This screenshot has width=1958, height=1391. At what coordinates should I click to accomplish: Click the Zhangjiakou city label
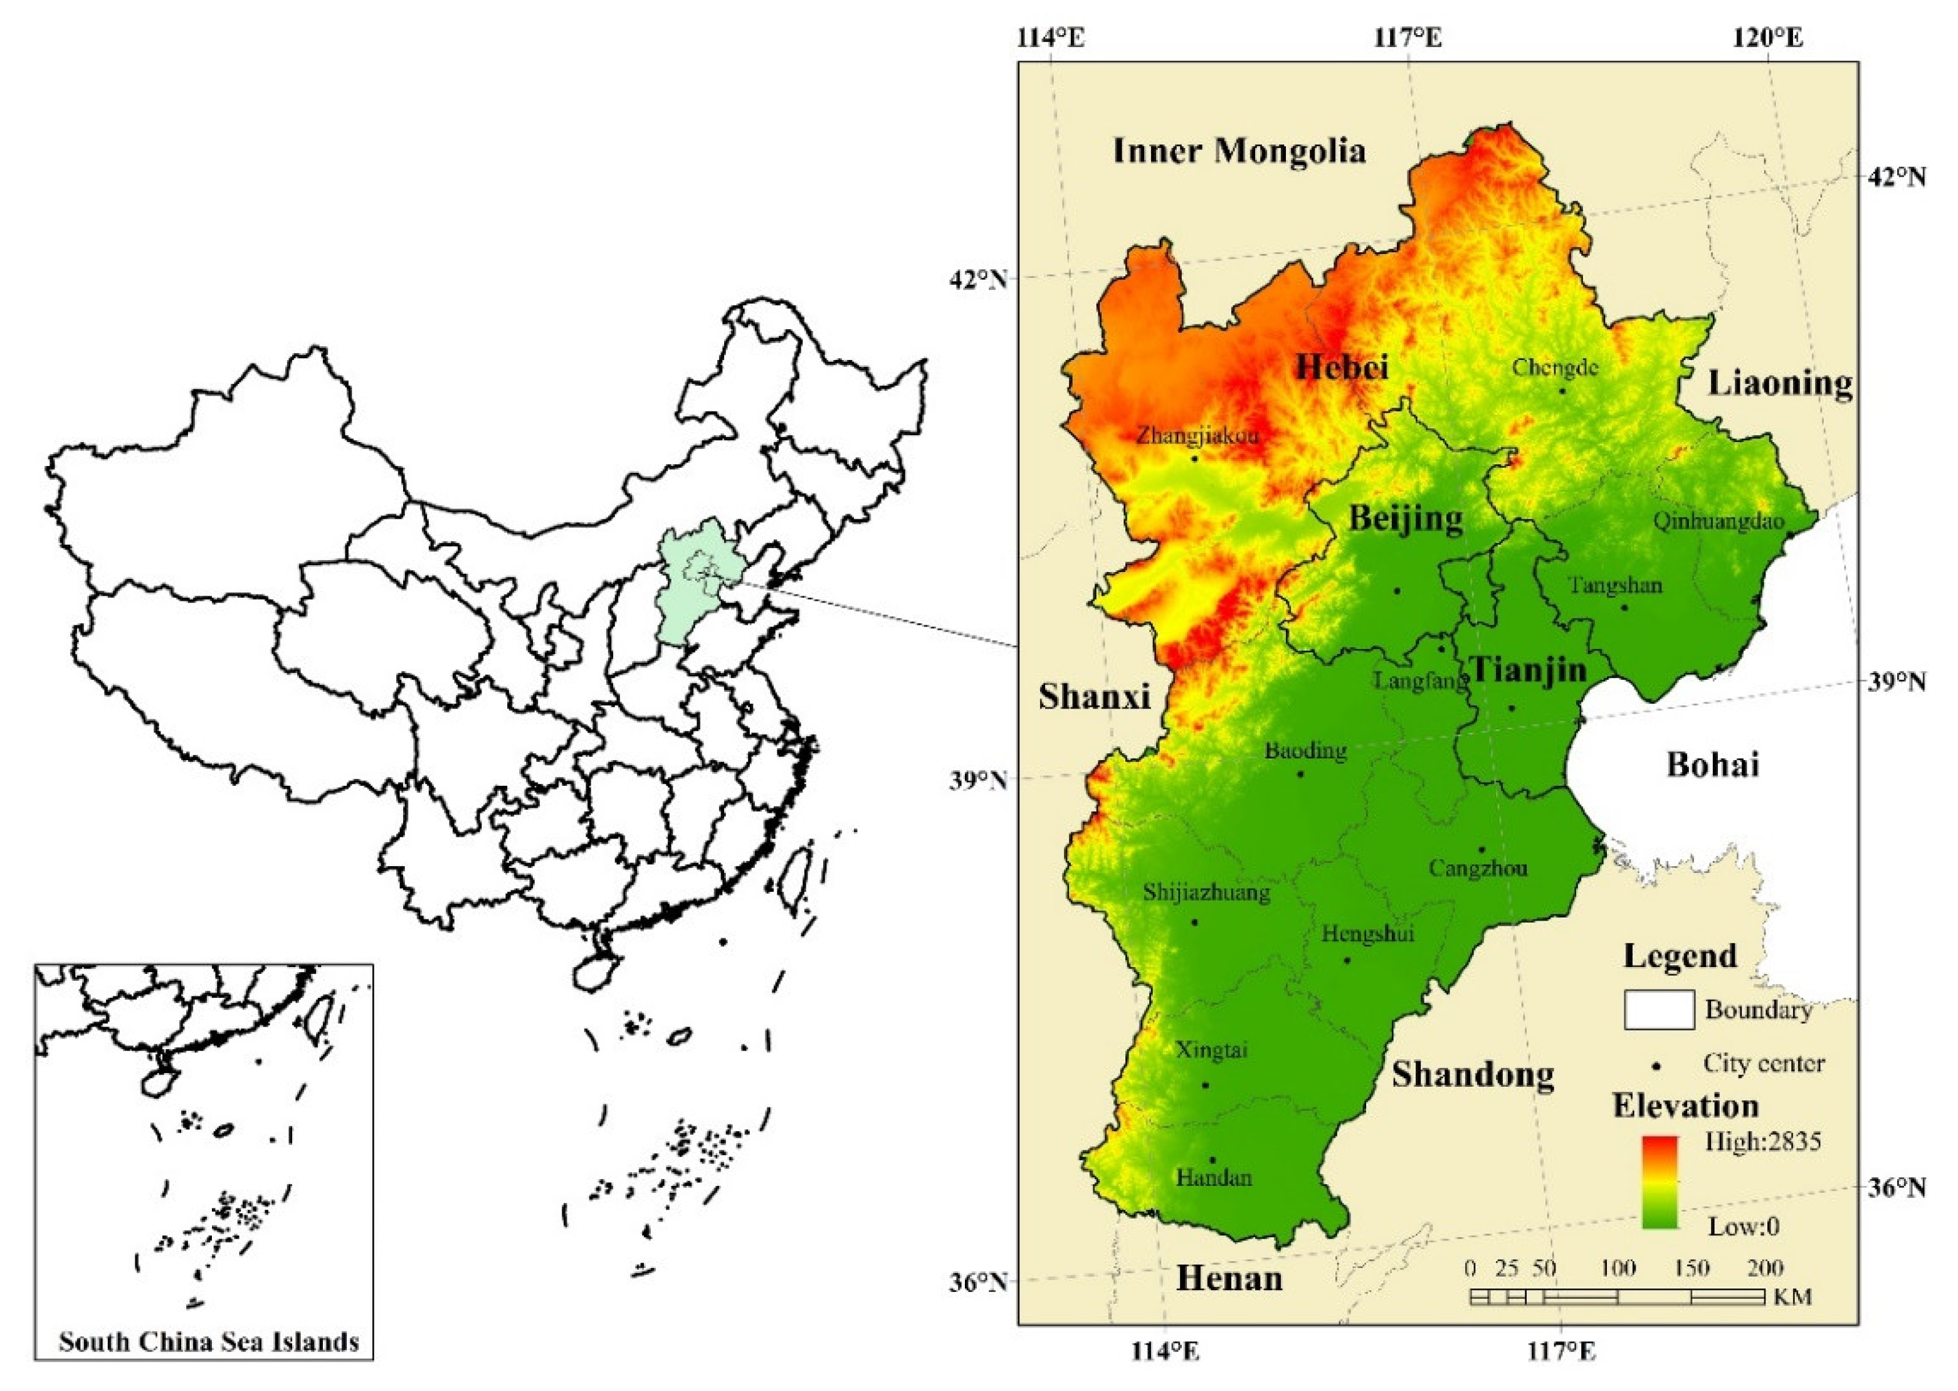pyautogui.click(x=1197, y=436)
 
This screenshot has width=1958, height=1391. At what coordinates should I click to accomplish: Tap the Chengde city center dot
pyautogui.click(x=1562, y=391)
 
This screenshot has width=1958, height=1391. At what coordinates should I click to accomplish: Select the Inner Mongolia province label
pyautogui.click(x=1239, y=152)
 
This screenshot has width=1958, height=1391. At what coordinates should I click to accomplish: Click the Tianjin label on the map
pyautogui.click(x=1527, y=669)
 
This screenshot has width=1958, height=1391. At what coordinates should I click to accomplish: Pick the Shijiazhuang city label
pyautogui.click(x=1206, y=893)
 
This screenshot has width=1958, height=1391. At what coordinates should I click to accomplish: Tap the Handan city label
pyautogui.click(x=1213, y=1178)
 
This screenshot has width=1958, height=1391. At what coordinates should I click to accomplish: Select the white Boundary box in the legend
pyautogui.click(x=1658, y=1010)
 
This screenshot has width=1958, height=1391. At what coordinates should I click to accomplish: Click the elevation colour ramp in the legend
pyautogui.click(x=1659, y=1182)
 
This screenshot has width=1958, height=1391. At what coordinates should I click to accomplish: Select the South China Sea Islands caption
pyautogui.click(x=208, y=1341)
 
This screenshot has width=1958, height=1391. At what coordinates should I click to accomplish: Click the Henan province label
pyautogui.click(x=1229, y=1279)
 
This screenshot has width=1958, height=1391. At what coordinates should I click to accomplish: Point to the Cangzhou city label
pyautogui.click(x=1478, y=869)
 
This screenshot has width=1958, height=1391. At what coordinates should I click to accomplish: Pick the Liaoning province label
pyautogui.click(x=1780, y=383)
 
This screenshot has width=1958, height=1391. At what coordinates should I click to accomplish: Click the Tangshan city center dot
pyautogui.click(x=1624, y=607)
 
